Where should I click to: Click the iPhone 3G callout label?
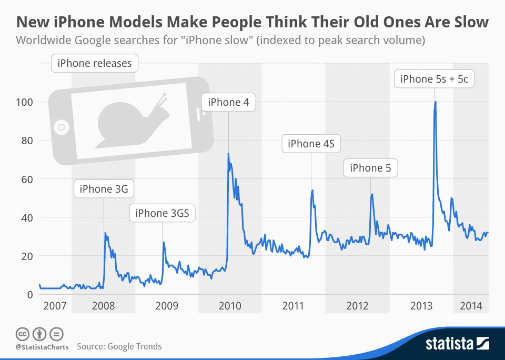[x=104, y=188]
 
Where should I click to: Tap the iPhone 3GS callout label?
[x=162, y=213]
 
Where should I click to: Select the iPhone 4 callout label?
[x=228, y=102]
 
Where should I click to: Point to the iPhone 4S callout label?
[x=311, y=144]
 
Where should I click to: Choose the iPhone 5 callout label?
[x=370, y=168]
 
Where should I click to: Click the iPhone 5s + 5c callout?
[x=434, y=79]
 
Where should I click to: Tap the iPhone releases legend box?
[x=95, y=64]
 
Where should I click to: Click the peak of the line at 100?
[x=435, y=102]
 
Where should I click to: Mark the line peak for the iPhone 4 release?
[x=228, y=154]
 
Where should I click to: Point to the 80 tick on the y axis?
[x=26, y=141]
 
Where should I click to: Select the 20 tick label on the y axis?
[x=26, y=256]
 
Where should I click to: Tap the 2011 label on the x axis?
[x=293, y=306]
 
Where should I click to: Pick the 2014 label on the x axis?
[x=471, y=306]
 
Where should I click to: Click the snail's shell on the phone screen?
[x=121, y=118]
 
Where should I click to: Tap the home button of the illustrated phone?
[x=62, y=127]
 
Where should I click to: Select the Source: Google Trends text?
[x=119, y=346]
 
